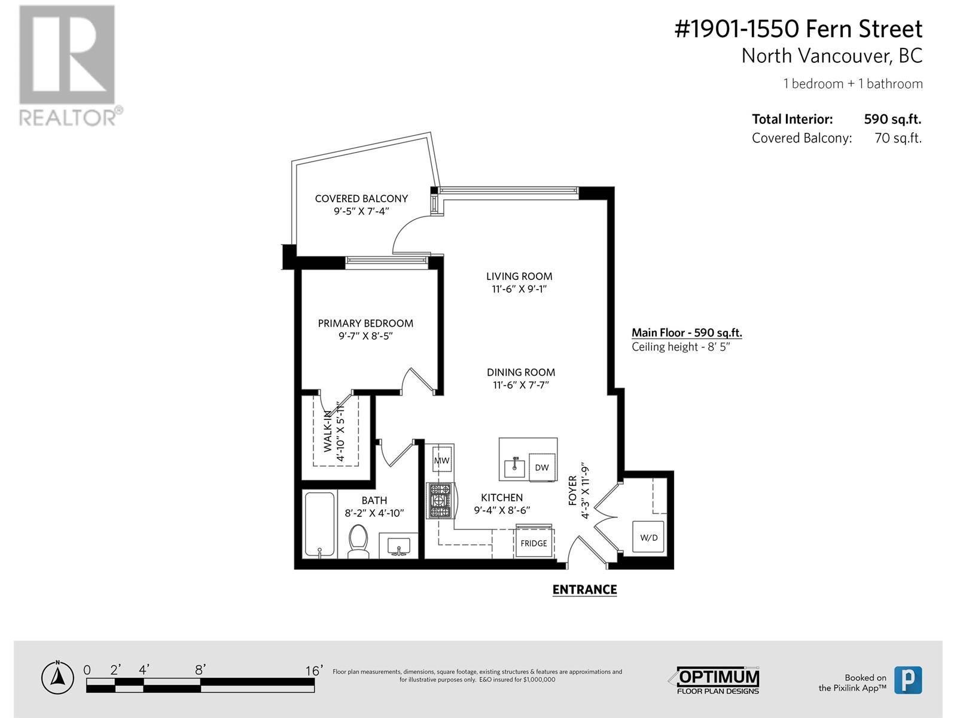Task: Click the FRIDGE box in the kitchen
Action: pyautogui.click(x=534, y=543)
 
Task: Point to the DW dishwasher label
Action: pyautogui.click(x=542, y=467)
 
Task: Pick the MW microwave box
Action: pyautogui.click(x=441, y=460)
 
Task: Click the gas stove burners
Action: pyautogui.click(x=441, y=500)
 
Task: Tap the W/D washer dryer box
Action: pyautogui.click(x=648, y=537)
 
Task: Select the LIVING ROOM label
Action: pyautogui.click(x=519, y=276)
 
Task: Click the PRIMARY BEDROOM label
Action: pyautogui.click(x=365, y=323)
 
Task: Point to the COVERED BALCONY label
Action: pyautogui.click(x=361, y=198)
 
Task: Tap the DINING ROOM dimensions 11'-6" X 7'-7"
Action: pyautogui.click(x=521, y=385)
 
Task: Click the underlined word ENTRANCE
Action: pyautogui.click(x=584, y=589)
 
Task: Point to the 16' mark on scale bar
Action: pyautogui.click(x=313, y=671)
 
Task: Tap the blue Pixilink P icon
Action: pyautogui.click(x=907, y=680)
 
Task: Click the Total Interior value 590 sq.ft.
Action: pyautogui.click(x=892, y=119)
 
